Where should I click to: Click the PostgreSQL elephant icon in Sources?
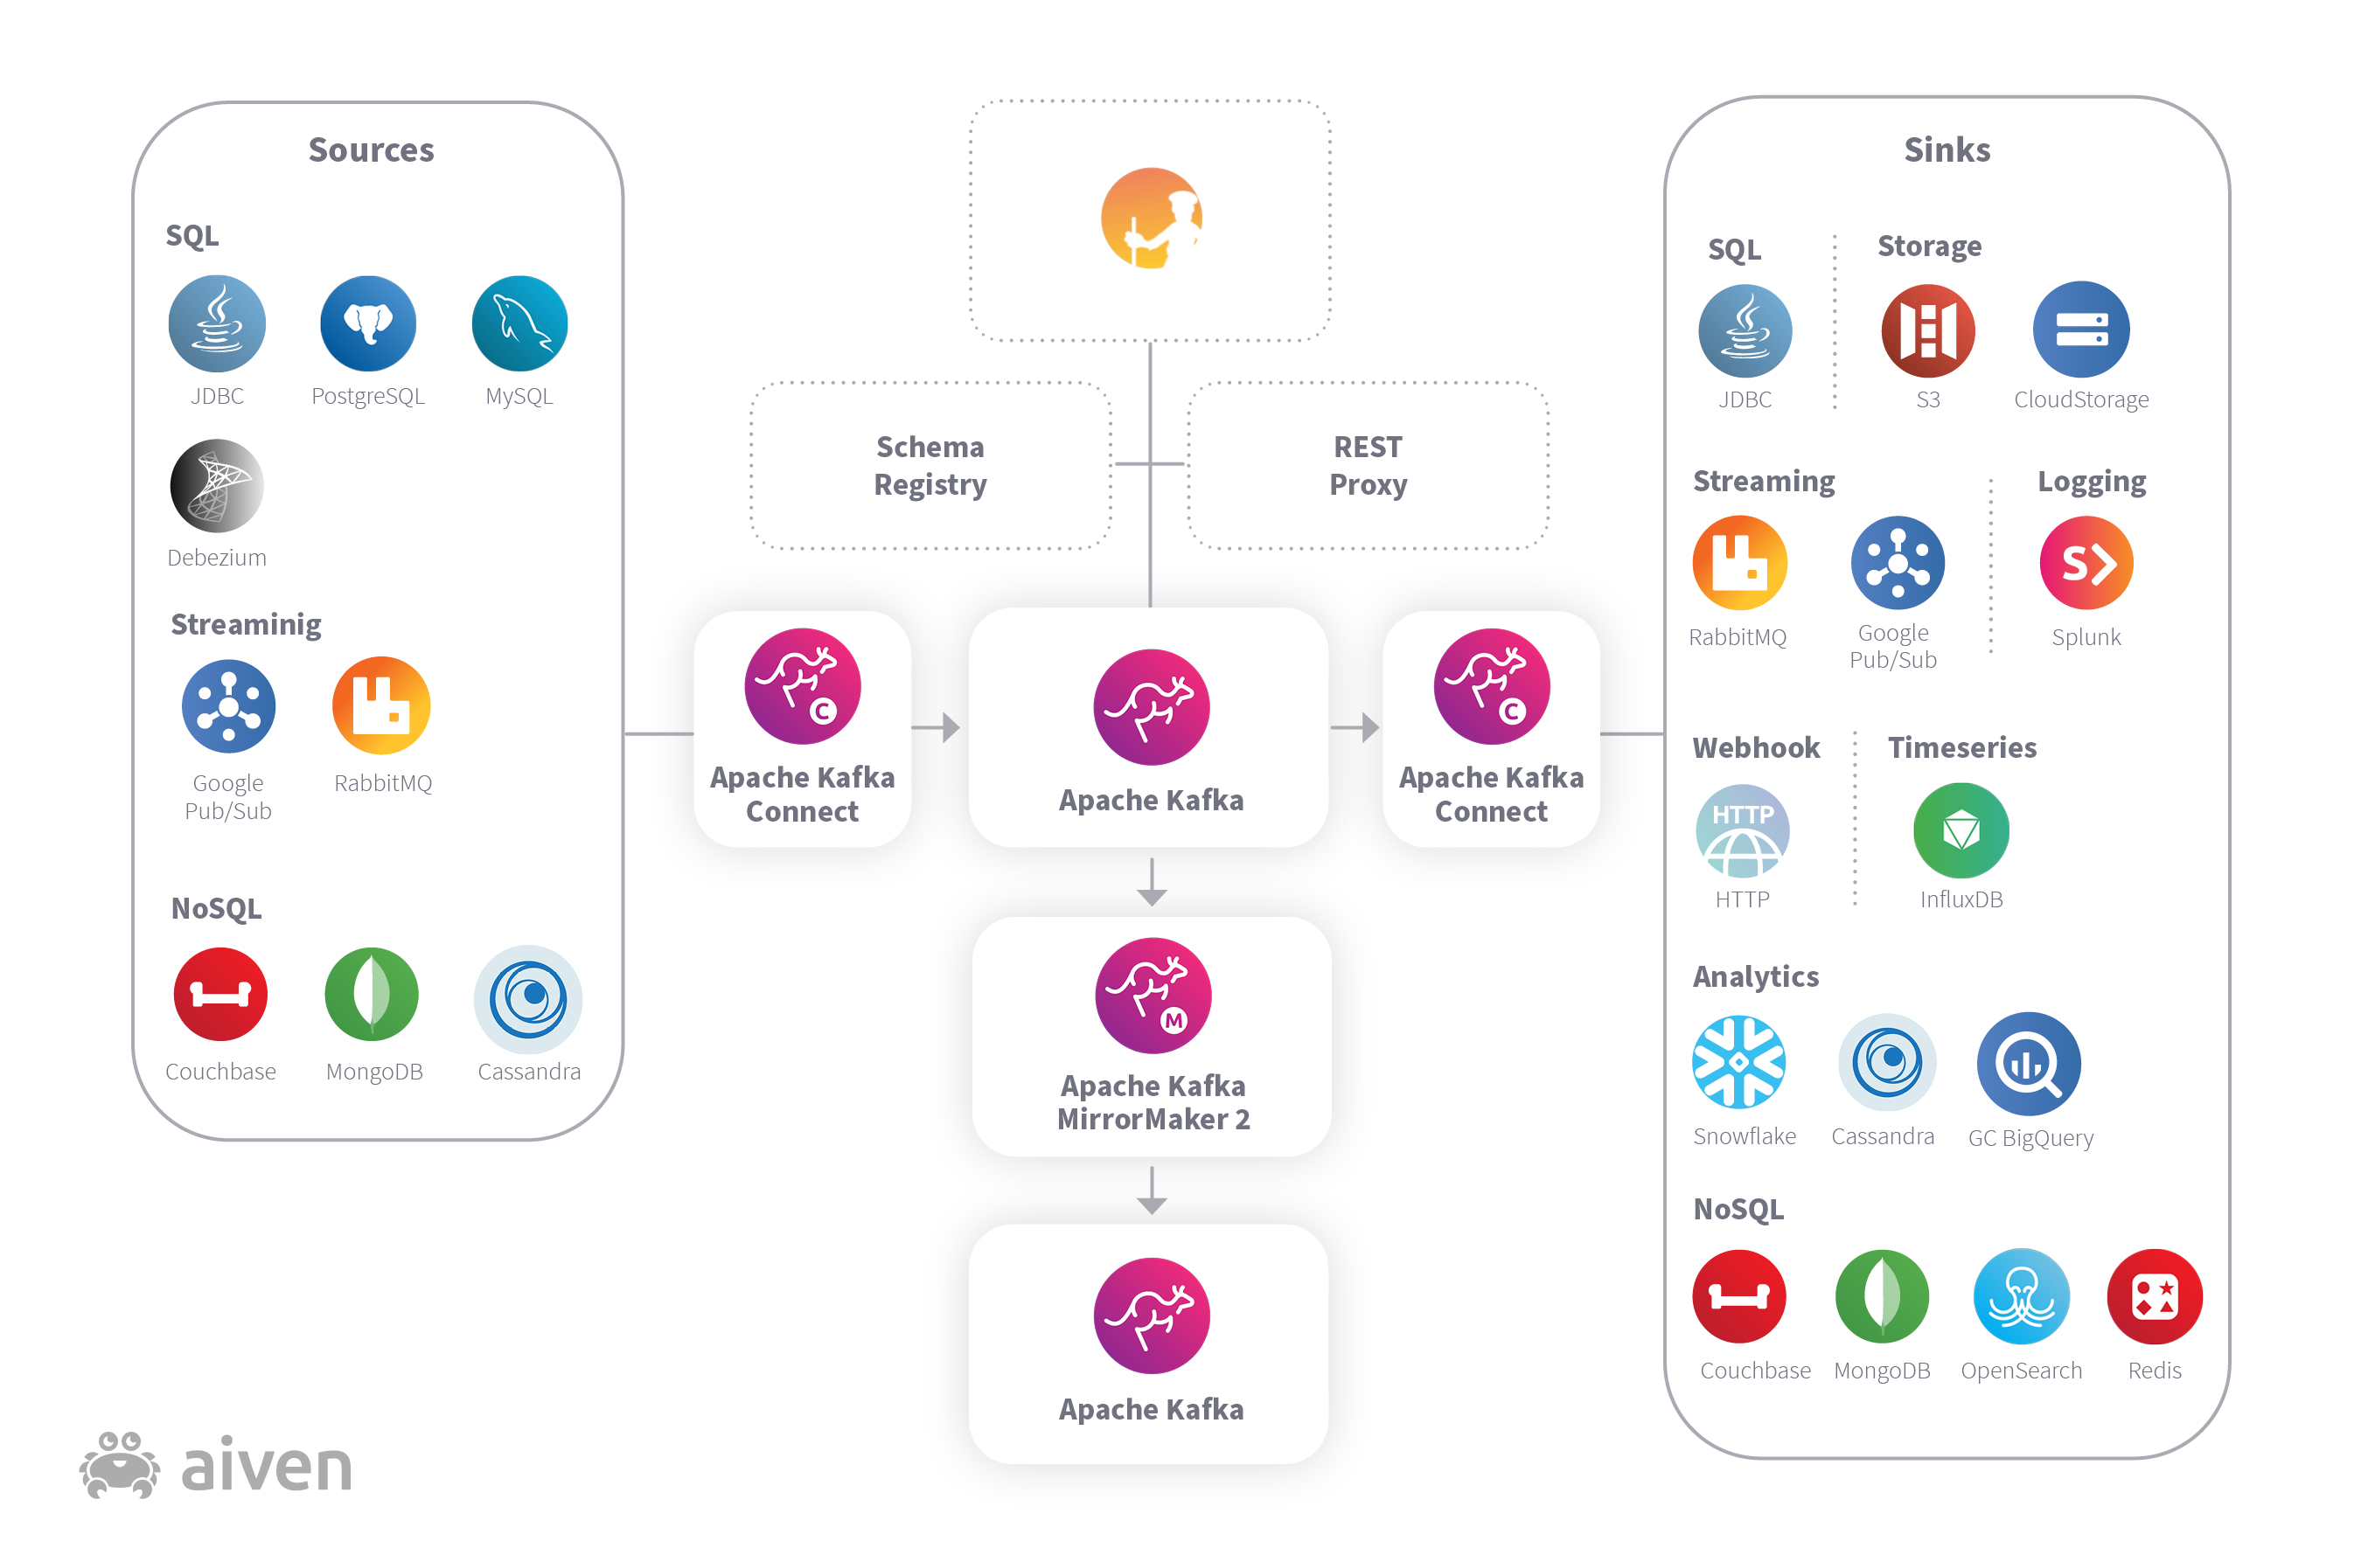tap(368, 324)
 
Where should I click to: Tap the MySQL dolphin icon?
tap(519, 324)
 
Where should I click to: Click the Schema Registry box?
tap(930, 466)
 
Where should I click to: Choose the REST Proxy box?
tap(1368, 466)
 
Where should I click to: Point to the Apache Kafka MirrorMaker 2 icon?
tap(1153, 996)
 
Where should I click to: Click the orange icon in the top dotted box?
tap(1151, 218)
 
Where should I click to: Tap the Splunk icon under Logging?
tap(2086, 563)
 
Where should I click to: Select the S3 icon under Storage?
tap(1928, 331)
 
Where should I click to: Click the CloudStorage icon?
tap(2081, 330)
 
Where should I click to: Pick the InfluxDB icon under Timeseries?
tap(1961, 830)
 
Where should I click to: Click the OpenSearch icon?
tap(2022, 1297)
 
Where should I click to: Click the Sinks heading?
tap(1947, 150)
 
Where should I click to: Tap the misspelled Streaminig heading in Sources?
tap(246, 625)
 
